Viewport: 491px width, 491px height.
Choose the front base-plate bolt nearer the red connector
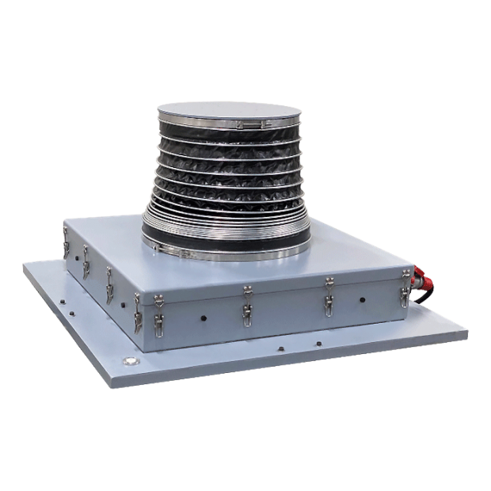pyautogui.click(x=318, y=343)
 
